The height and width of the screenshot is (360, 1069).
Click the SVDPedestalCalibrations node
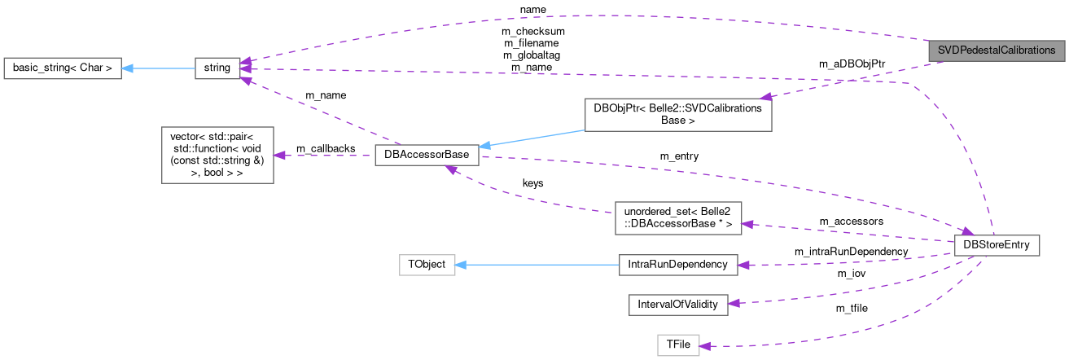997,50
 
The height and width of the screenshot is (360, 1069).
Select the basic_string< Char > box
63,68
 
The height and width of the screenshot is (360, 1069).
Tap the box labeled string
217,68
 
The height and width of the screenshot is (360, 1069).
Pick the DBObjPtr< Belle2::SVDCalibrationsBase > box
677,115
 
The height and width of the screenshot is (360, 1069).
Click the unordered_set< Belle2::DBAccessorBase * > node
677,217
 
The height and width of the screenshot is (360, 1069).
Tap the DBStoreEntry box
997,245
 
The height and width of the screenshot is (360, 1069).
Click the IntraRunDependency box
677,265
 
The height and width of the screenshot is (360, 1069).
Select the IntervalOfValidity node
677,304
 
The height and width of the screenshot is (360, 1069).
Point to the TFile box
678,345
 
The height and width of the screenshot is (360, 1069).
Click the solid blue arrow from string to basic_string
159,68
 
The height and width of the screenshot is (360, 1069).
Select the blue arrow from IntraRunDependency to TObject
537,265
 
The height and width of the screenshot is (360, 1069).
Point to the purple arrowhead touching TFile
706,345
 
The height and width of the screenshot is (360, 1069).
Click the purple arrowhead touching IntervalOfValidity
734,303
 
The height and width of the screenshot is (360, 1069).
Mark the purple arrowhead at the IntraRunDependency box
743,264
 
